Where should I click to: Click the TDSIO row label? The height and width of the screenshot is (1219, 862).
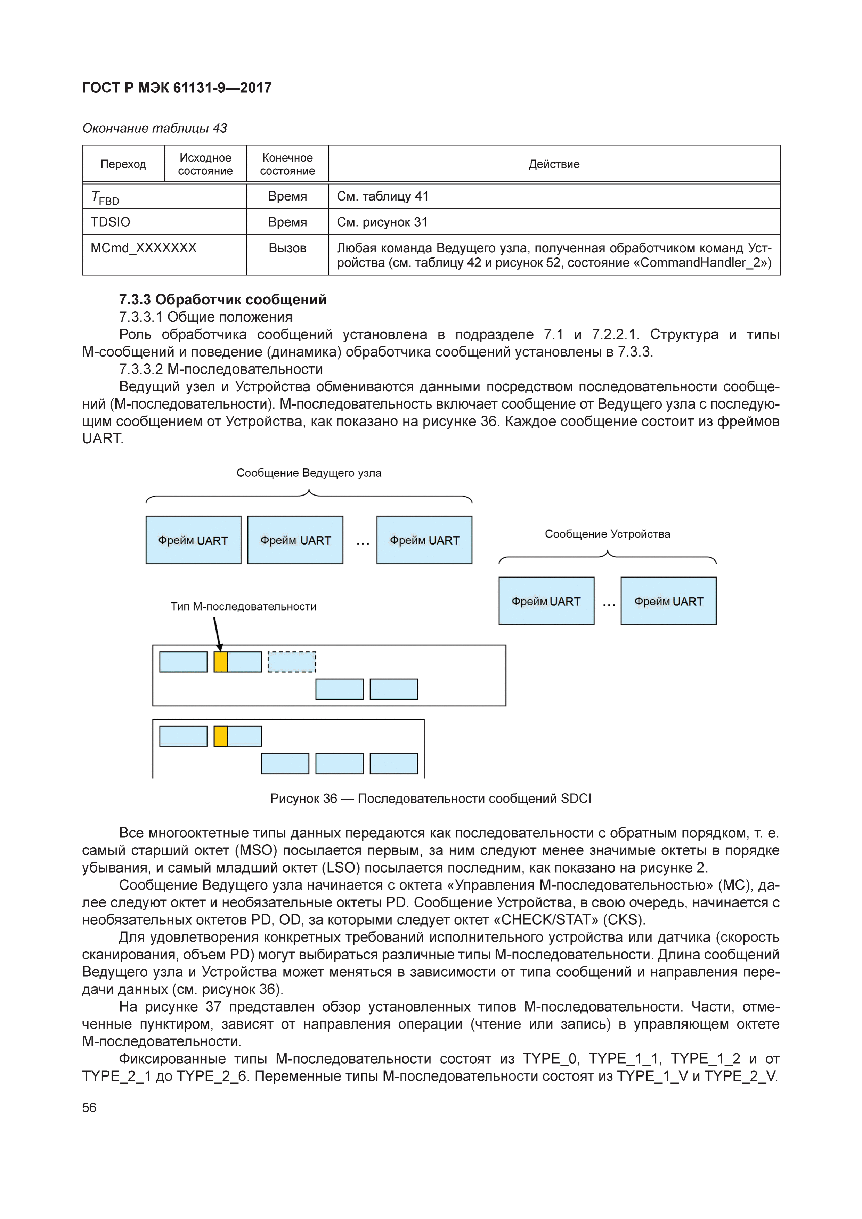point(111,222)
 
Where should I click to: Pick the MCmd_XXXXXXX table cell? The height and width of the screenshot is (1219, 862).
point(144,248)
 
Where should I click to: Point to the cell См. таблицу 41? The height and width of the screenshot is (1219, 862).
point(382,196)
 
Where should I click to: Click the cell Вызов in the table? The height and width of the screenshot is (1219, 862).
point(287,248)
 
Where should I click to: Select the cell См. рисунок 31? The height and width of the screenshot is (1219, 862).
point(382,222)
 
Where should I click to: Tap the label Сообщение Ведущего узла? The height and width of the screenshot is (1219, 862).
point(309,473)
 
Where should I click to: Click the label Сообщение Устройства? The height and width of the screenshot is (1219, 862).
point(607,534)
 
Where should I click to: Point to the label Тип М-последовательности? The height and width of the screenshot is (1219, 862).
point(243,606)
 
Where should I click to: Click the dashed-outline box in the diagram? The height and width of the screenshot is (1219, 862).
point(292,662)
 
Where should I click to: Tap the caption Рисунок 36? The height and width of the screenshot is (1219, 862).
point(430,799)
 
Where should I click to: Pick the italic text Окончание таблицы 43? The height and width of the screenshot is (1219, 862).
point(155,128)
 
